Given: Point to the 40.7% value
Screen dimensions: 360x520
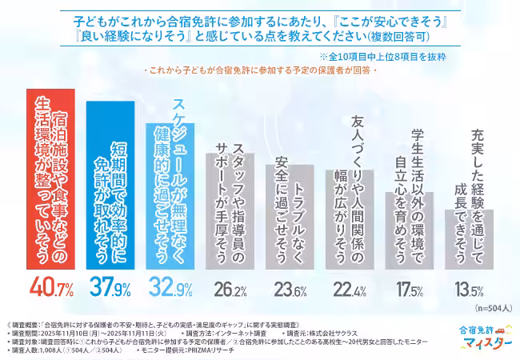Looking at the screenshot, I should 53,286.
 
